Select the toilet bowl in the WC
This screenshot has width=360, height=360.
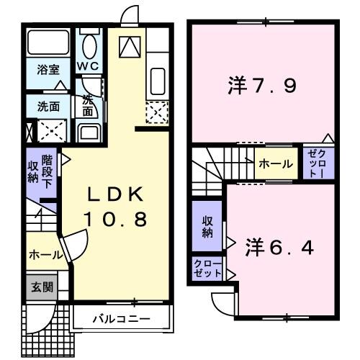(89, 46)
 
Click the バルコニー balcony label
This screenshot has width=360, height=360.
(120, 318)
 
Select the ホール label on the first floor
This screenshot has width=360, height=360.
(44, 255)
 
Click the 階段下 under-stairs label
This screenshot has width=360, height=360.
(48, 170)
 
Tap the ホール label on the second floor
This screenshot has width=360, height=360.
(276, 164)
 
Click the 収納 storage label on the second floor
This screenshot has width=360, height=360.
(207, 227)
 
